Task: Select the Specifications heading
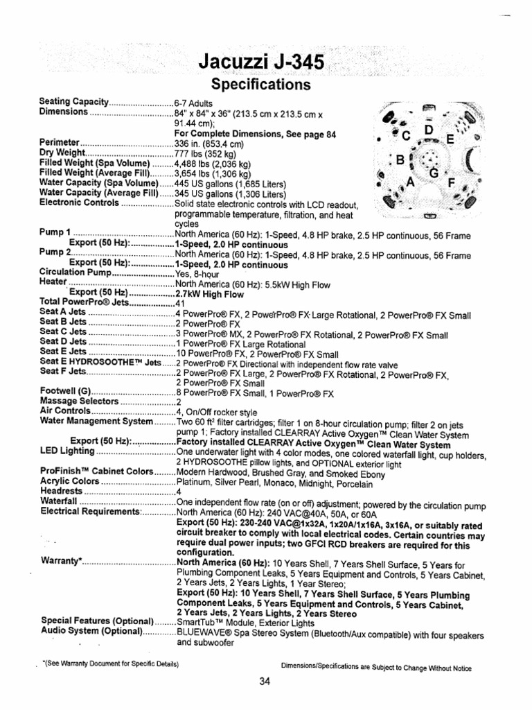[x=260, y=85]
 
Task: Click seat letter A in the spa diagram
[x=409, y=182]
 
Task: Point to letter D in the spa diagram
[x=428, y=130]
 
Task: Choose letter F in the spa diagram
[x=452, y=185]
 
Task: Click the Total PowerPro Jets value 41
[x=179, y=303]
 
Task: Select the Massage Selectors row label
[x=79, y=401]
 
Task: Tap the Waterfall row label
[x=59, y=501]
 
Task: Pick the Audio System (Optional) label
[x=91, y=631]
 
